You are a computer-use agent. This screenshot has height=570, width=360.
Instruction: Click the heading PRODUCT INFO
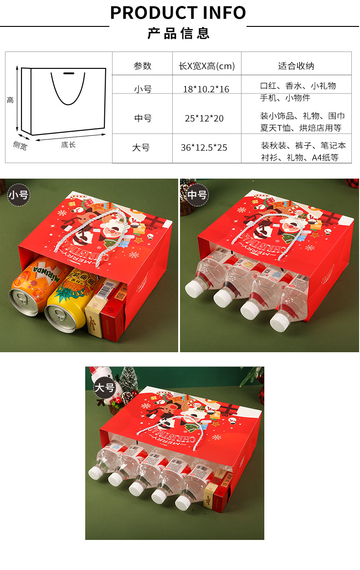(178, 13)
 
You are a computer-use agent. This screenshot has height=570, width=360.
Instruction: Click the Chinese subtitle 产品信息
(178, 33)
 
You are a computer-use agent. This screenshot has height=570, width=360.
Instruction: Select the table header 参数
(142, 66)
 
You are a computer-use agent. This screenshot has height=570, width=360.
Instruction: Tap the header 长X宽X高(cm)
(206, 66)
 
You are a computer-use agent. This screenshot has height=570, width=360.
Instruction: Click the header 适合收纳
(296, 66)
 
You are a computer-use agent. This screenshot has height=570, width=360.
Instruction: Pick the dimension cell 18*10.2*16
(206, 89)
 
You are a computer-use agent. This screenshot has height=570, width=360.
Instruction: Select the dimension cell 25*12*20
(204, 118)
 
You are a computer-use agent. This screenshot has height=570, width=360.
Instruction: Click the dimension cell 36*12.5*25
(204, 148)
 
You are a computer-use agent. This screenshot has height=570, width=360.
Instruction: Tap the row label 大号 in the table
(141, 148)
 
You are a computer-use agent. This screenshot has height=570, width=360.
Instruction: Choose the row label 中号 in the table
(143, 118)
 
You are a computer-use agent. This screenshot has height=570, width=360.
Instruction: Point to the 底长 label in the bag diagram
(68, 145)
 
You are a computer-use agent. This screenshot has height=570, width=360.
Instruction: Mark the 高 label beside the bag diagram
(10, 100)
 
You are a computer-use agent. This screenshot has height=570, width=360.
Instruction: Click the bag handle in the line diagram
(68, 89)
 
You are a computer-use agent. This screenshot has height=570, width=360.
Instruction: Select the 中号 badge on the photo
(197, 195)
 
